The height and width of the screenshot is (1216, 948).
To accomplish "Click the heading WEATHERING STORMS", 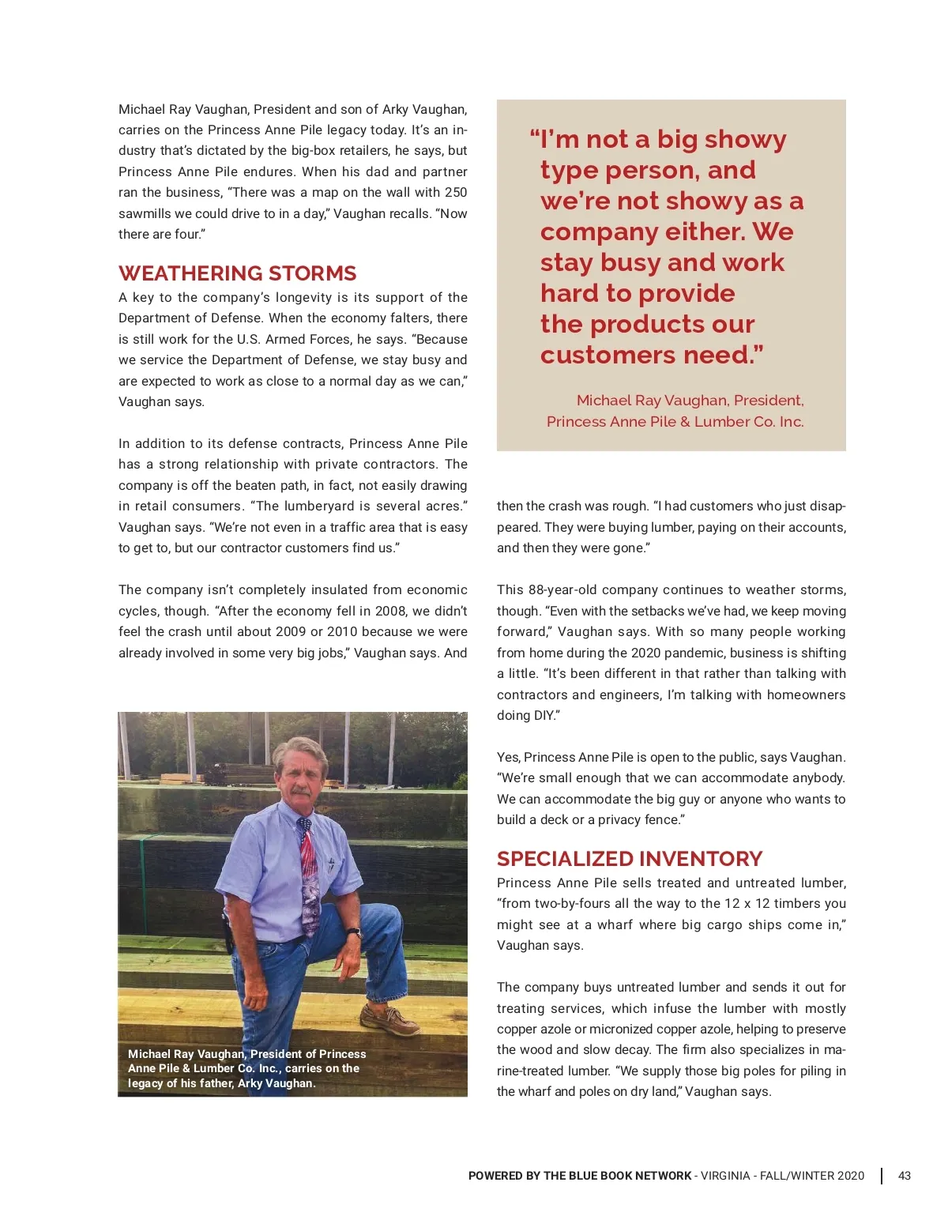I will (x=237, y=273).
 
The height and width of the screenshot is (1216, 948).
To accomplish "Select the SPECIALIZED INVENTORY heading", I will (x=630, y=859).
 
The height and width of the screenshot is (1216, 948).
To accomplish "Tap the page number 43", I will (x=905, y=1176).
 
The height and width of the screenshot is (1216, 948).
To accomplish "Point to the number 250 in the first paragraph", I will (x=456, y=193).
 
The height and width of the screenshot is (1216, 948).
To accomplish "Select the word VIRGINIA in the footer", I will (x=725, y=1176).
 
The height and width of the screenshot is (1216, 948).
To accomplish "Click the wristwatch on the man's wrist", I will (x=355, y=932).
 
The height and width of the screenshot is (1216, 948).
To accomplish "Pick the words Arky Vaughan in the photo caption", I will (x=276, y=1083).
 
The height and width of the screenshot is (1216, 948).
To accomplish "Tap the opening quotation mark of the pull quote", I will (x=535, y=136).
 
